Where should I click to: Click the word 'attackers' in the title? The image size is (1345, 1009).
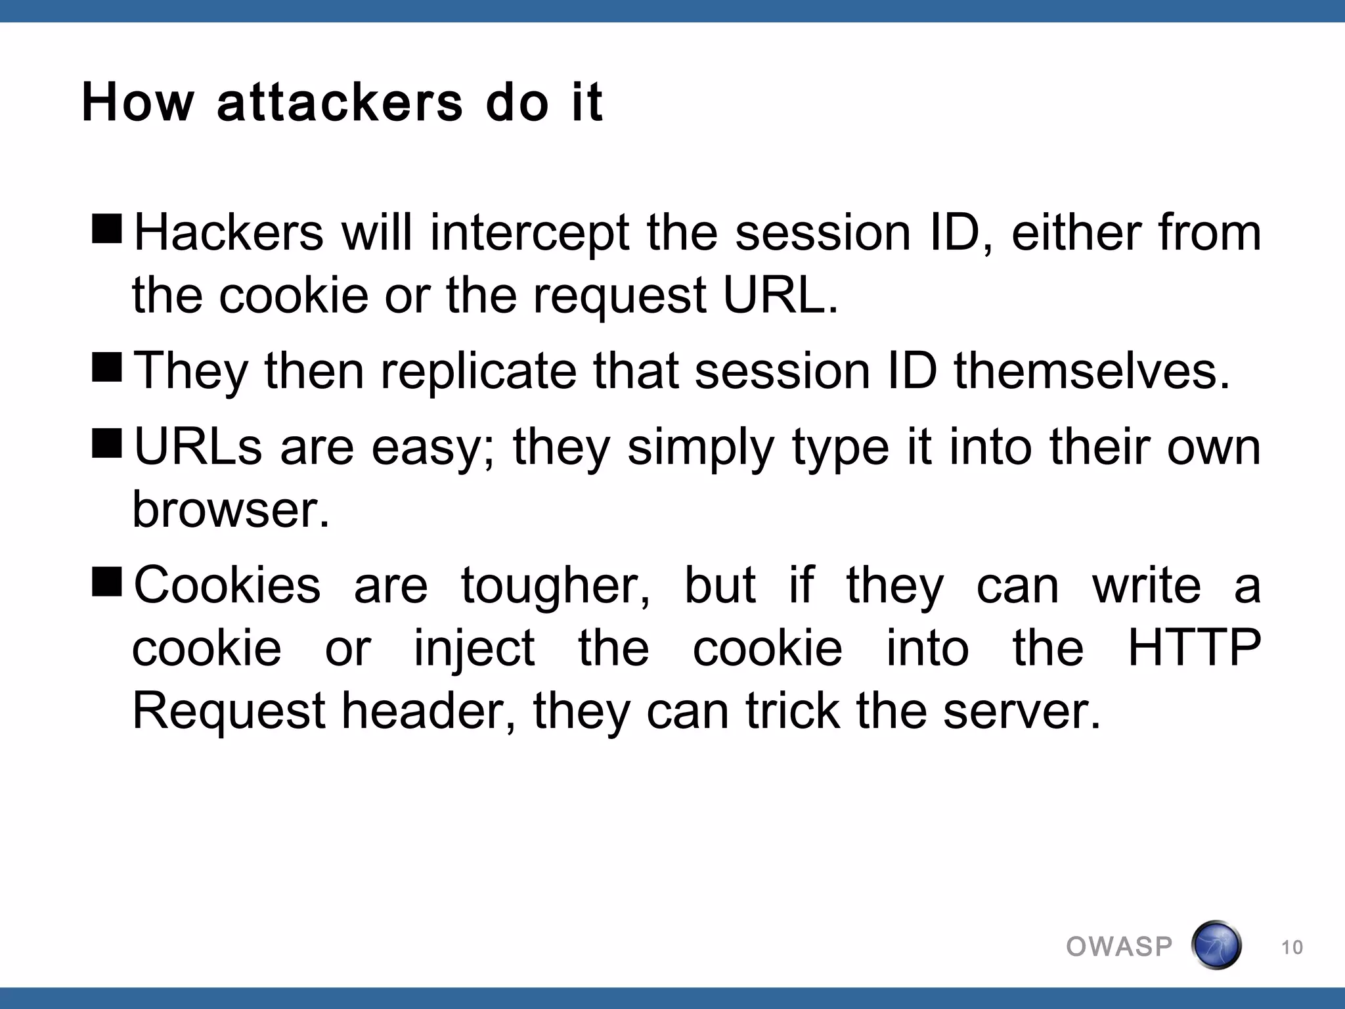[340, 103]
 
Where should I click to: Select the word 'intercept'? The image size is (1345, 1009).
[530, 234]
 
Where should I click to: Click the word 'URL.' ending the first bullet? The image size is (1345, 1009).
[780, 295]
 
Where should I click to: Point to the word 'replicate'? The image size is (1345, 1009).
[479, 371]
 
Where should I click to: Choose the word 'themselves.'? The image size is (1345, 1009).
[1091, 371]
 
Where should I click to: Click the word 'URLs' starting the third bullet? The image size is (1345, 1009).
[198, 447]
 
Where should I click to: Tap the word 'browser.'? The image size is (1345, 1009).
[231, 510]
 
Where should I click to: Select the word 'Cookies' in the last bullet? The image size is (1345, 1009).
[227, 585]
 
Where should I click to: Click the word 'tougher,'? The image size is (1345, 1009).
[556, 586]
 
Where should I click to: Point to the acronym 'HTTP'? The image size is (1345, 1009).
[1194, 648]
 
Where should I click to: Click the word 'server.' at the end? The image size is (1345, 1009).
[1022, 711]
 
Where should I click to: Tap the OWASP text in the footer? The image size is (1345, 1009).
[1119, 947]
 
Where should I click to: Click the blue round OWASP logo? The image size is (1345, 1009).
[1216, 945]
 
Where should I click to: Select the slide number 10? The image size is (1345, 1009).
[1292, 947]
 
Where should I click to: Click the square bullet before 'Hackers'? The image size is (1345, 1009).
[107, 229]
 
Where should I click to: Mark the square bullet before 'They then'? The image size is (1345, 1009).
[107, 367]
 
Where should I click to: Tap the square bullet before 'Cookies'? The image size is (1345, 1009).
[107, 581]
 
